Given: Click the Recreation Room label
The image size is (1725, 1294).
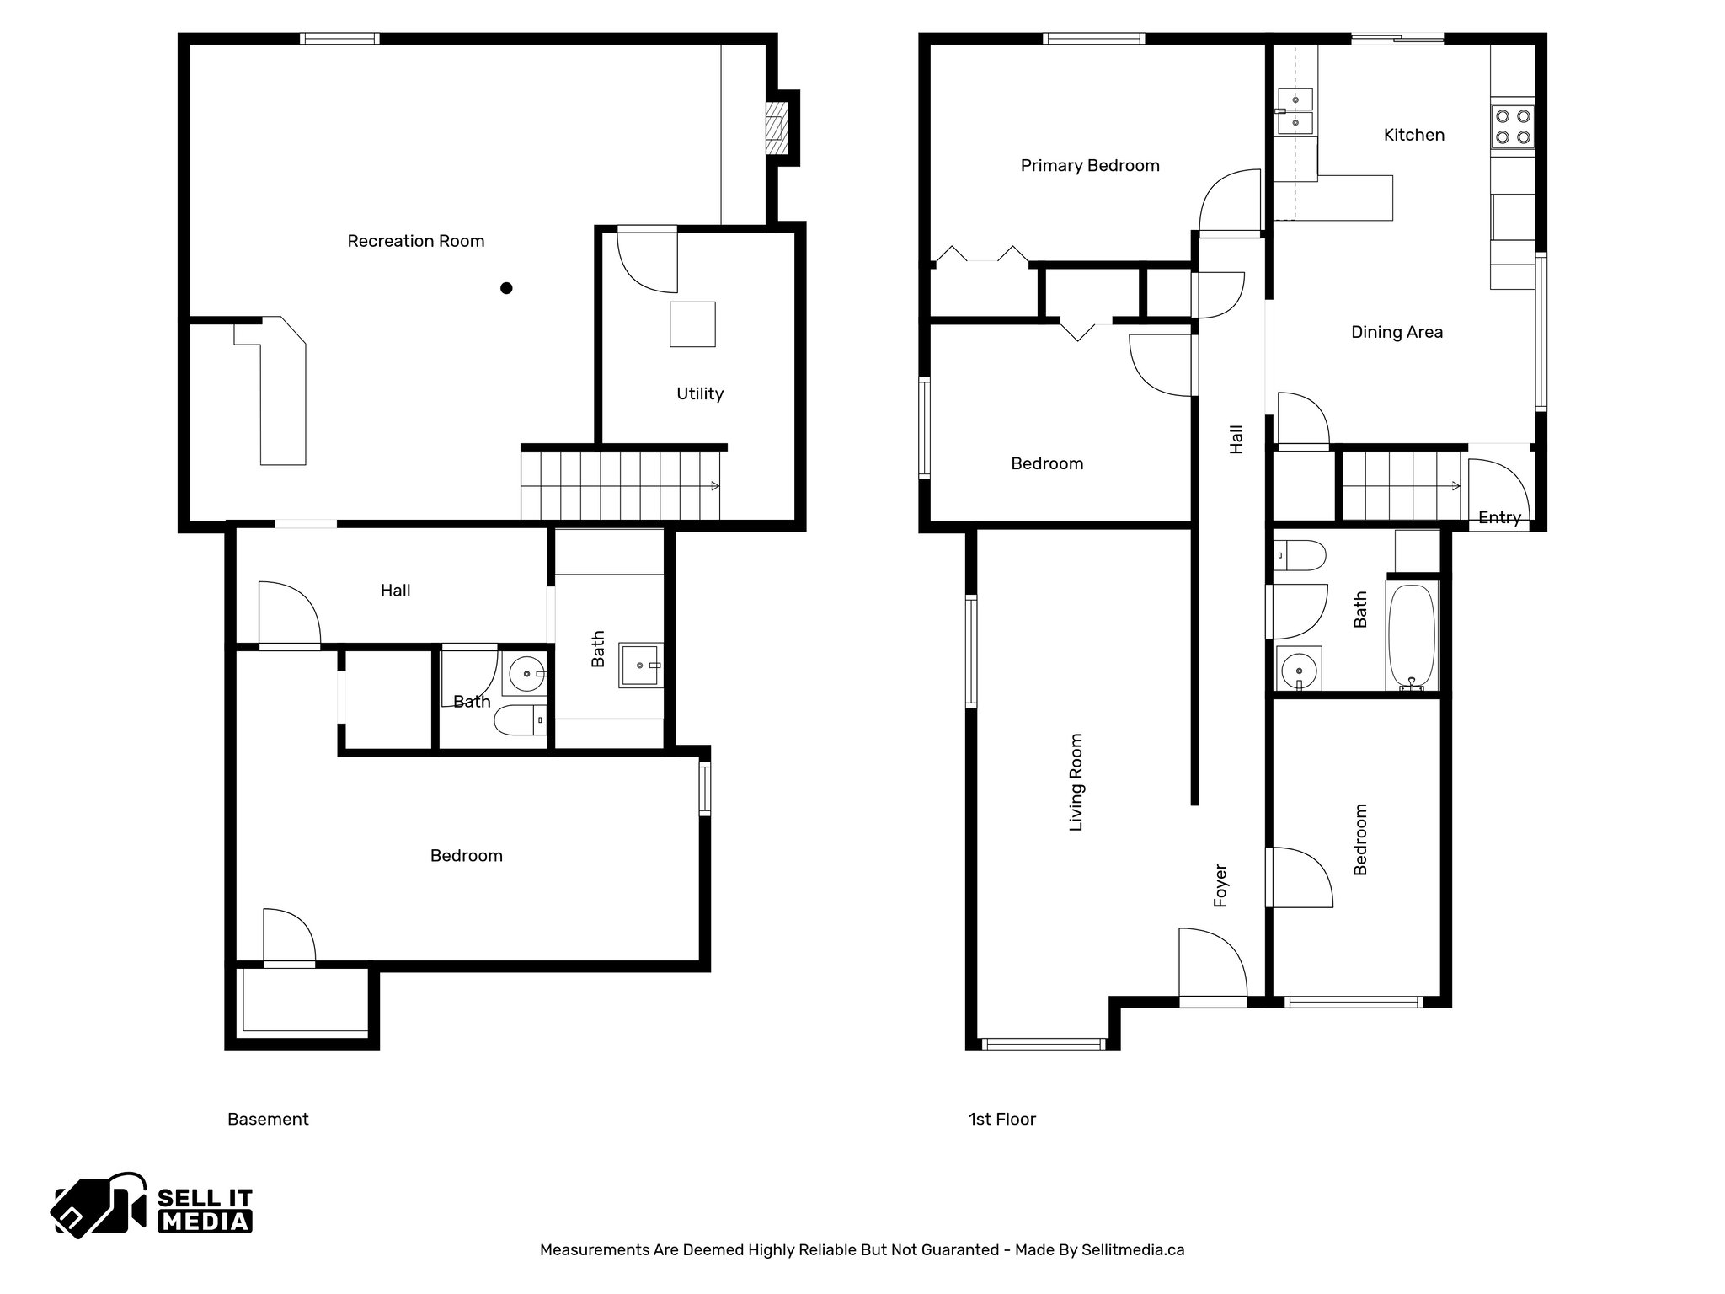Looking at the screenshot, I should click(415, 242).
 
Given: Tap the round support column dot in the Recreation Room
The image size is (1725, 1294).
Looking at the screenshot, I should click(506, 288).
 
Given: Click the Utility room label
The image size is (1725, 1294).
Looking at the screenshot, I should click(700, 393).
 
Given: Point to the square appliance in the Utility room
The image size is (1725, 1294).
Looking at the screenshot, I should click(692, 324).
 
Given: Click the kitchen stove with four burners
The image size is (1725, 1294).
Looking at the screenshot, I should click(1512, 127).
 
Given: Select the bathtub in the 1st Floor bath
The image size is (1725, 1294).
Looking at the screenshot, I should click(1411, 636).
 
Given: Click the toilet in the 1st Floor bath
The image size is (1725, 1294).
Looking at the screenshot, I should click(1299, 556).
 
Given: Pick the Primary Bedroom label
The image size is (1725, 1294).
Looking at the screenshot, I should click(1090, 166).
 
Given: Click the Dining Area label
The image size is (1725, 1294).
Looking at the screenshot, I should click(1397, 333).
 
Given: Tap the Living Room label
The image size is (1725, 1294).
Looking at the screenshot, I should click(1076, 782).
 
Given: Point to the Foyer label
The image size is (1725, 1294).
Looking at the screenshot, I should click(1220, 885).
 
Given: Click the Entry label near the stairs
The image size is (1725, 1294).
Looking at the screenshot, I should click(1499, 518).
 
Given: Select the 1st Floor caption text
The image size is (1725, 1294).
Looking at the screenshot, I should click(1001, 1120).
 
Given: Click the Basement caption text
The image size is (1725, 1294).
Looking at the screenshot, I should click(268, 1120).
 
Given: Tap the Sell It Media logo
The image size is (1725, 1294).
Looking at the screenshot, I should click(152, 1206).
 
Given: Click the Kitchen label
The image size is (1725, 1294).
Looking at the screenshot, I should click(1413, 135).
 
